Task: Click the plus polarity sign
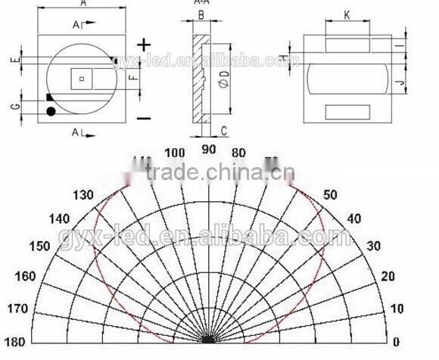pos(143,46)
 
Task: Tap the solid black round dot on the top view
pos(51,112)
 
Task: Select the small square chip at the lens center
pos(81,76)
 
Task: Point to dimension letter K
pos(346,14)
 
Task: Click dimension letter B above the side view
pos(201,14)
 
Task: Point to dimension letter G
pos(15,106)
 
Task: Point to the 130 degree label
pos(85,194)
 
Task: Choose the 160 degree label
pos(25,275)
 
